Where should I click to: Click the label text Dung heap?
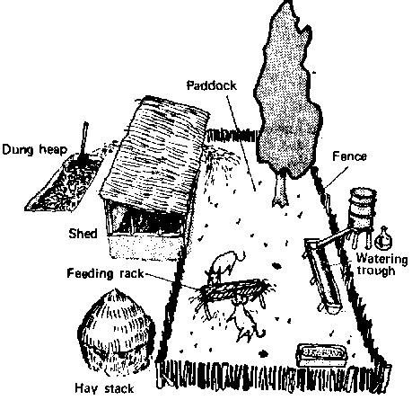(x=34, y=149)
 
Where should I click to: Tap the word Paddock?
(x=212, y=85)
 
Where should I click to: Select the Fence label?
(x=349, y=156)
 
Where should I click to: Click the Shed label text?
(x=83, y=234)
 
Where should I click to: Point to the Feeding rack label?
(x=105, y=273)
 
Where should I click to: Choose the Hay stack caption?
(x=104, y=388)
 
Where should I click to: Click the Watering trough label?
(x=381, y=264)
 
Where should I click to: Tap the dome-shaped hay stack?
(x=117, y=332)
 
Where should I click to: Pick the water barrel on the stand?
(x=363, y=209)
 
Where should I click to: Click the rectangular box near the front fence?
(x=321, y=356)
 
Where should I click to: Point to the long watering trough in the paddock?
(x=322, y=275)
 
